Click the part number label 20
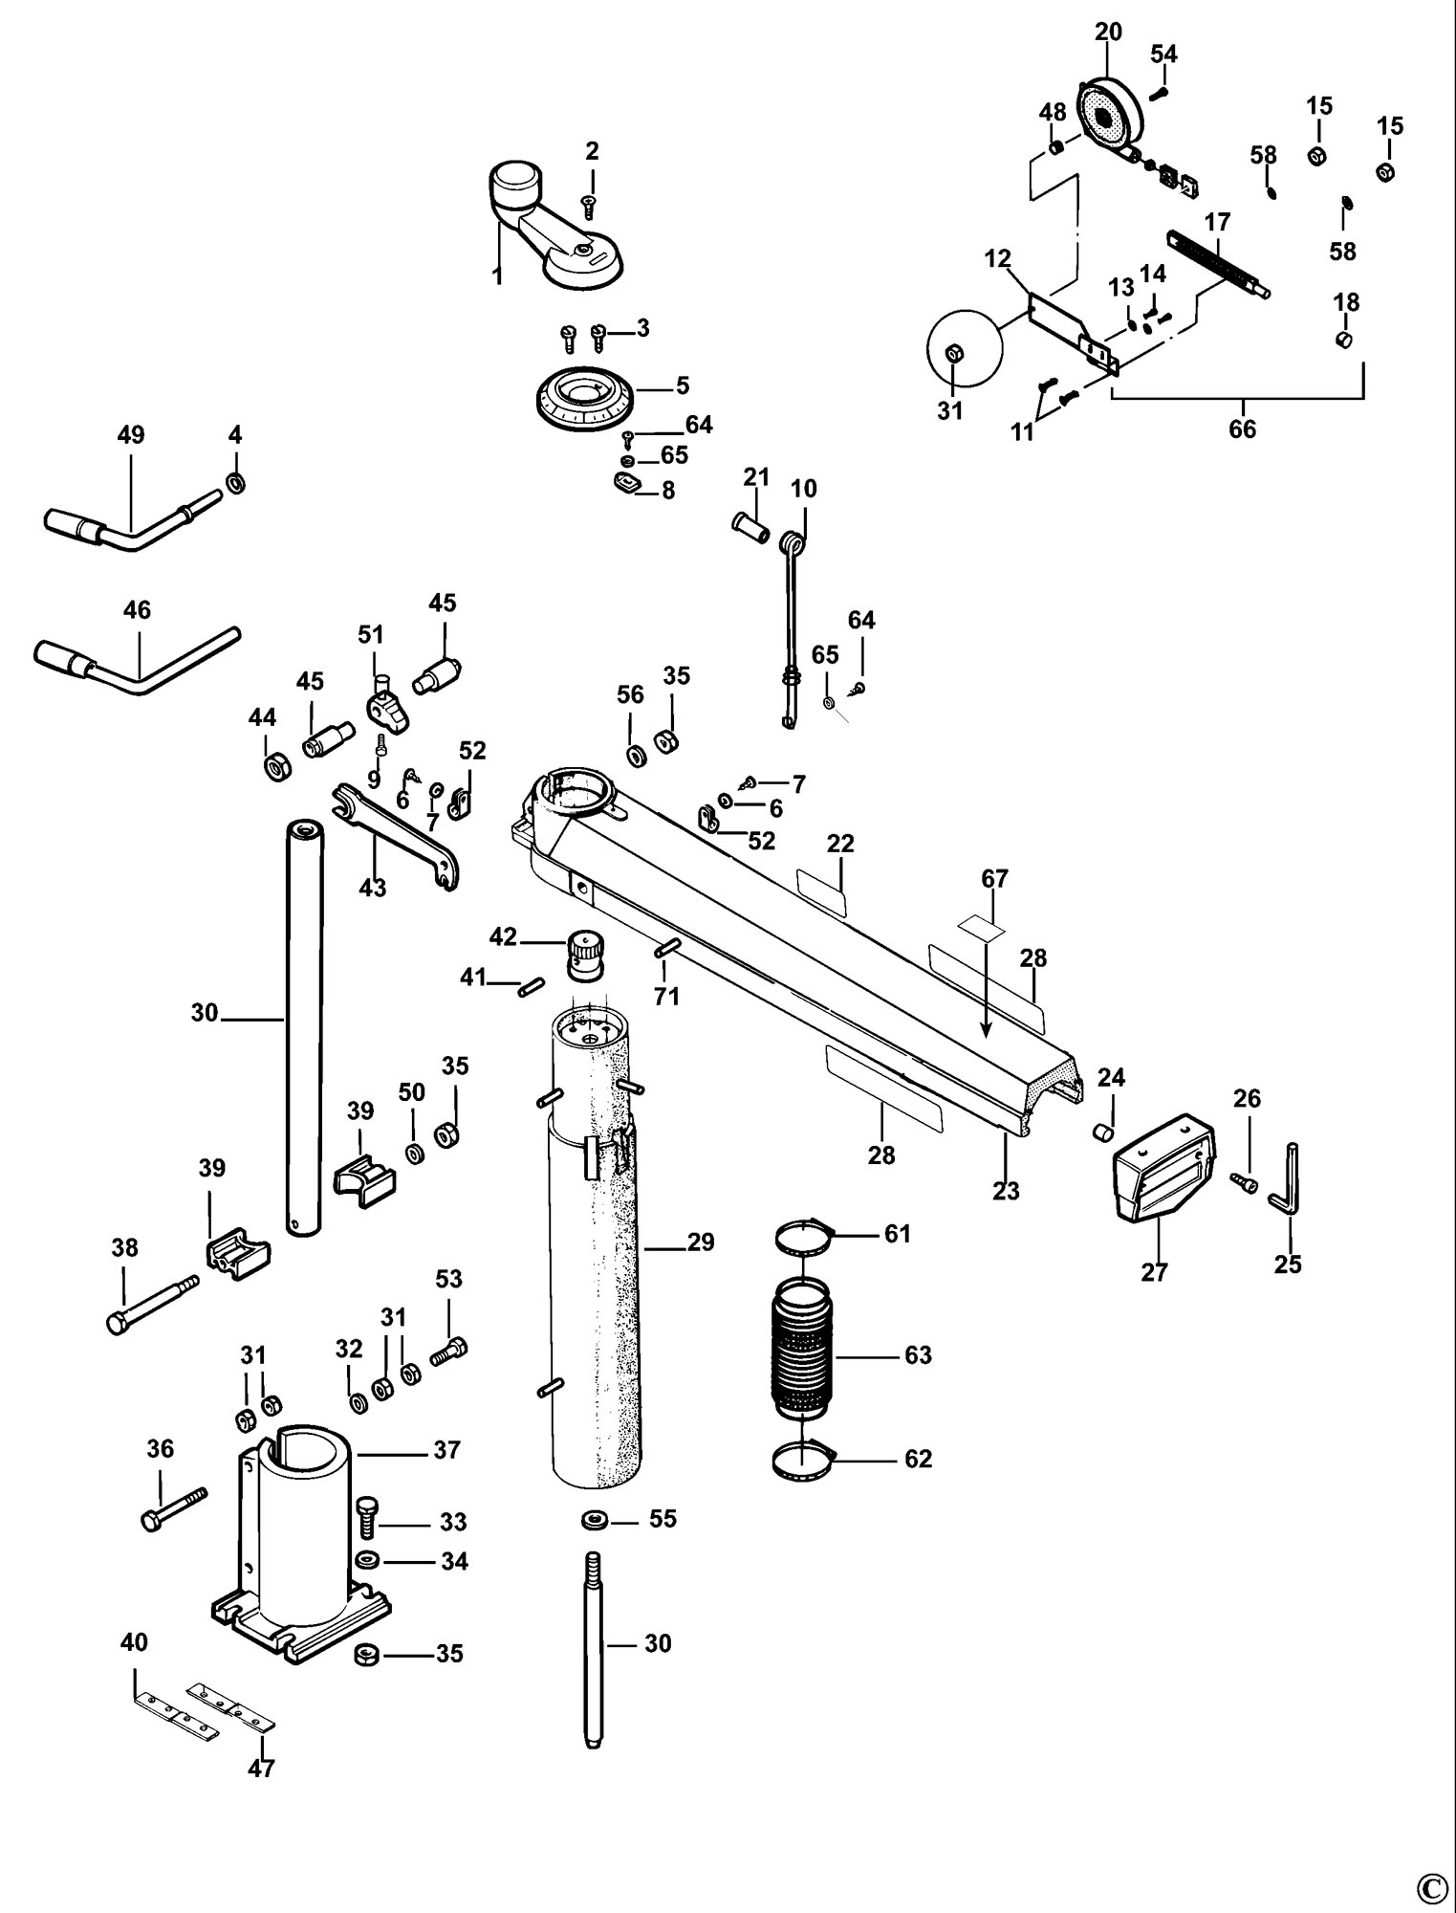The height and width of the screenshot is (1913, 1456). pyautogui.click(x=1108, y=32)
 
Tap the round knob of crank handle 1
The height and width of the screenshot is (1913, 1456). pyautogui.click(x=514, y=179)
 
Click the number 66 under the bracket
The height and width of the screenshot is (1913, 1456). pyautogui.click(x=1242, y=429)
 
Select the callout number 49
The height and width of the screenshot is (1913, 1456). pyautogui.click(x=131, y=435)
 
